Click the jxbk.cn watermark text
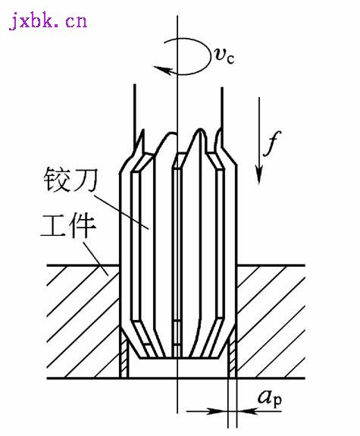click(x=48, y=20)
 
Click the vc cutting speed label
click(x=224, y=55)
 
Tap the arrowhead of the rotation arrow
click(x=163, y=70)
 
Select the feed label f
click(x=272, y=143)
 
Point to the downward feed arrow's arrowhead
click(x=259, y=174)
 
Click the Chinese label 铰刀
click(x=70, y=180)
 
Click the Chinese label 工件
click(x=68, y=225)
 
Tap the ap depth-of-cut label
click(x=270, y=398)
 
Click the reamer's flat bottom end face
click(x=178, y=358)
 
